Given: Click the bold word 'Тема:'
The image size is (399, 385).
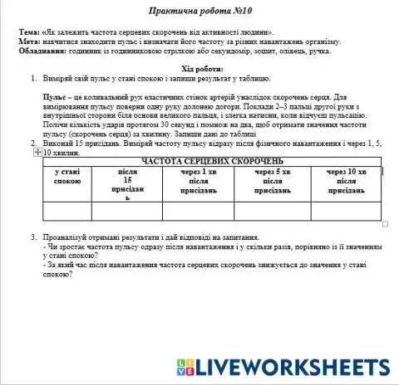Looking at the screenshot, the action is tap(31, 31).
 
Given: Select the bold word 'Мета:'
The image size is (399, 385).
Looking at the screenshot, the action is tap(31, 41).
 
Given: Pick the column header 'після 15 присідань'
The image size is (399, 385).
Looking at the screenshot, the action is tap(126, 188).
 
